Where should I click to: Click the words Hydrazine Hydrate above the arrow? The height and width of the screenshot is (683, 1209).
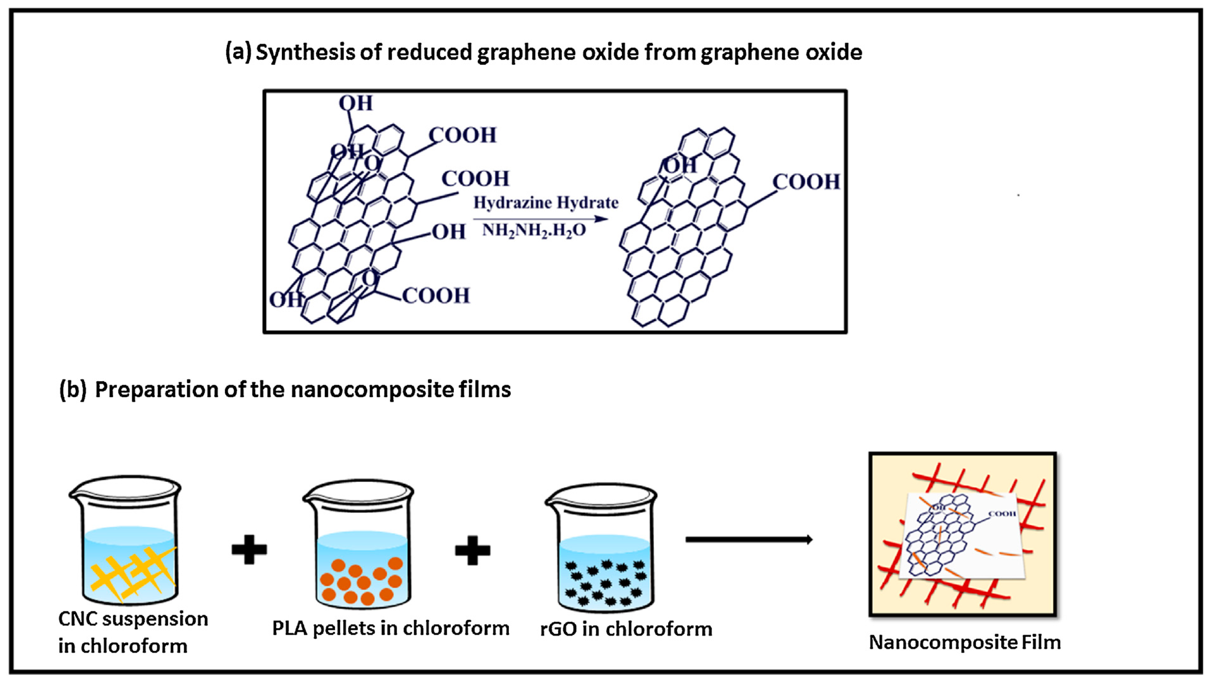pyautogui.click(x=545, y=203)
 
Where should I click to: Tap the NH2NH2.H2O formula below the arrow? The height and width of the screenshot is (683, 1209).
pyautogui.click(x=534, y=230)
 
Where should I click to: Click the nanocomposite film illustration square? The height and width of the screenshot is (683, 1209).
pyautogui.click(x=963, y=534)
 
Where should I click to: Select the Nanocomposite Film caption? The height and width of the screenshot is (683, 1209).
pyautogui.click(x=965, y=642)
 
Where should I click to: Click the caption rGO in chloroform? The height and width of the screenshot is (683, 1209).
pyautogui.click(x=626, y=629)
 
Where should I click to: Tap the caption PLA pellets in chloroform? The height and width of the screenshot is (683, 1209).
pyautogui.click(x=391, y=628)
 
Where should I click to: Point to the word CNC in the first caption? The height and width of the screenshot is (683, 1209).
pyautogui.click(x=77, y=619)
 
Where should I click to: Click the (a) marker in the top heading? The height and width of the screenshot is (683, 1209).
pyautogui.click(x=238, y=52)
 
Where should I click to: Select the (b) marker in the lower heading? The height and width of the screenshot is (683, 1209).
pyautogui.click(x=73, y=389)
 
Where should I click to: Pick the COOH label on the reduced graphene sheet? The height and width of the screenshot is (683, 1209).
pyautogui.click(x=806, y=182)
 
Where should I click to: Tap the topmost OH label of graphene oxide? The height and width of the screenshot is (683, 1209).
pyautogui.click(x=356, y=103)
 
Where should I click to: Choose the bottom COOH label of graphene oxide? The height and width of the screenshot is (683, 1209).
pyautogui.click(x=435, y=296)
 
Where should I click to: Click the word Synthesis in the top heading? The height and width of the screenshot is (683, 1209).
pyautogui.click(x=305, y=52)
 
